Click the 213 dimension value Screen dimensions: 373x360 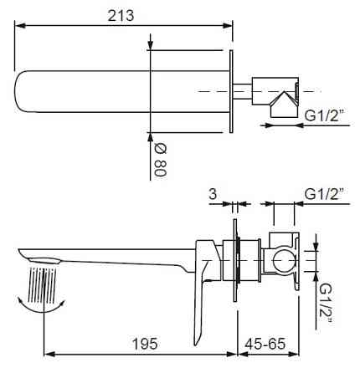pyautogui.click(x=126, y=15)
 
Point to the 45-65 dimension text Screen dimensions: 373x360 pyautogui.click(x=268, y=345)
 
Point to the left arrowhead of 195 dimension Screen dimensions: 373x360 pyautogui.click(x=44, y=355)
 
